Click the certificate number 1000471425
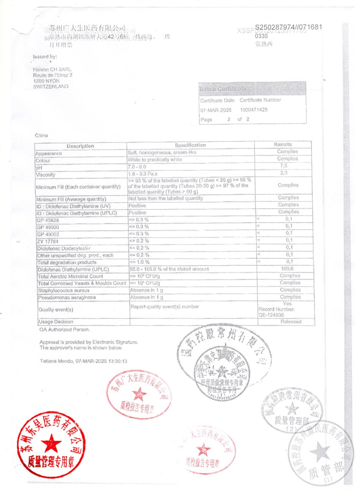(253, 110)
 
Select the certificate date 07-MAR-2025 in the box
(216, 110)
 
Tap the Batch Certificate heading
(223, 89)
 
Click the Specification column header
(190, 145)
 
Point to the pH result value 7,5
(284, 166)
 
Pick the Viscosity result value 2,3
(284, 173)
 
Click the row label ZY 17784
(48, 242)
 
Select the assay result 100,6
(287, 269)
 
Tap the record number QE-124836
(271, 315)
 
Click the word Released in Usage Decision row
(291, 322)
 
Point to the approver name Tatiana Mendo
(56, 361)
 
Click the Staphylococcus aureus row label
(63, 291)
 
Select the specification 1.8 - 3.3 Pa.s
(143, 174)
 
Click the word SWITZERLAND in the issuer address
(51, 87)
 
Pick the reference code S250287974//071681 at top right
(288, 27)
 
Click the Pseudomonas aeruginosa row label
(67, 298)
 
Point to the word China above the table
(41, 136)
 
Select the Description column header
(80, 146)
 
